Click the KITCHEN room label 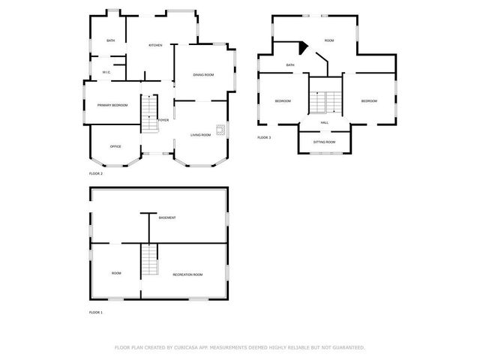coord(155,45)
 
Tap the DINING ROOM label coord(203,75)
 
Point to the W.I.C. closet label coord(106,72)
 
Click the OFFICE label coord(115,146)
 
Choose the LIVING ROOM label coord(200,135)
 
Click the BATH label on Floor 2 coord(110,40)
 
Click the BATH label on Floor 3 coord(290,65)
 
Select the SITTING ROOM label coord(324,142)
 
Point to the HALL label coord(325,122)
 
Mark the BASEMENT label coord(167,218)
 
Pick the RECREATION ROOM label coord(187,274)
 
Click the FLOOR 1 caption coord(95,312)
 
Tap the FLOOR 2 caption coord(95,174)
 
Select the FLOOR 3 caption coord(264,138)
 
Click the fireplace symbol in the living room coord(221,129)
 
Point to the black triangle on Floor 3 coord(302,47)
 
